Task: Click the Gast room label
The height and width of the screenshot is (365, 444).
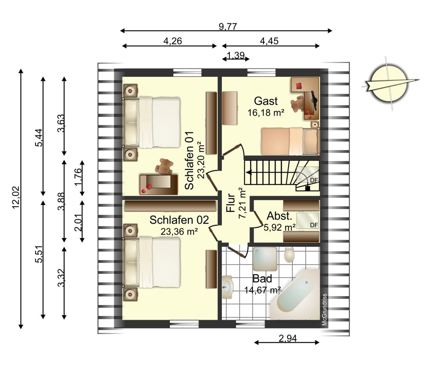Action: coord(266,101)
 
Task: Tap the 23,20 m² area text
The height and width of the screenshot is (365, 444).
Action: coord(201,160)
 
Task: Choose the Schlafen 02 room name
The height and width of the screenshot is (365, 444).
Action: coord(179,220)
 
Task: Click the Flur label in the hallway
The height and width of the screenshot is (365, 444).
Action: coord(231,203)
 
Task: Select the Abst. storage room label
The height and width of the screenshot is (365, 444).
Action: coord(279,216)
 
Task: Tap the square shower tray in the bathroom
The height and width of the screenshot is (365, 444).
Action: coord(264,259)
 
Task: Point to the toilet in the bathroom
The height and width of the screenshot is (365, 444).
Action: coord(289,255)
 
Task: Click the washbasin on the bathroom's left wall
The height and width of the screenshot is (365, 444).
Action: coord(228,287)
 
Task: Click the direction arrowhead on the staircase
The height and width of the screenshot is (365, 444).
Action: coord(249,172)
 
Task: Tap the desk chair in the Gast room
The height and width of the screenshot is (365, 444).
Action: coord(297,104)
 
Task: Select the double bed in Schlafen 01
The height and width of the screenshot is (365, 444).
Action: coord(152,122)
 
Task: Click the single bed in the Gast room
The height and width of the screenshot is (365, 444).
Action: coord(290,141)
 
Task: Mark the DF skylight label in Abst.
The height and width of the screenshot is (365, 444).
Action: coord(314,225)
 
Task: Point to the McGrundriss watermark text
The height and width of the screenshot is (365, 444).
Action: coord(324,309)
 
